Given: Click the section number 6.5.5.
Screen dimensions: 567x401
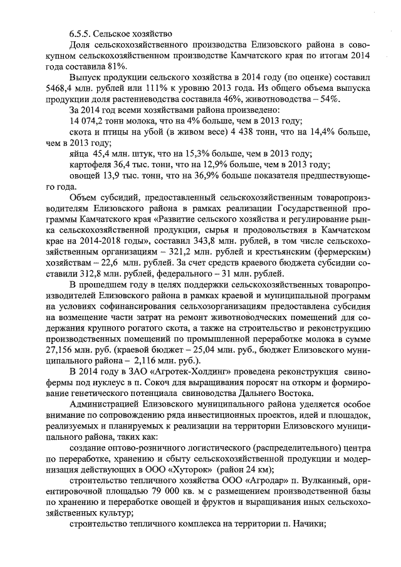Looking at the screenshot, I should pos(80,33).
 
